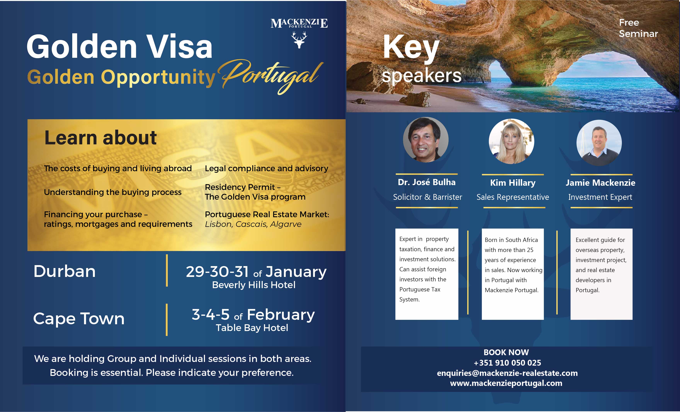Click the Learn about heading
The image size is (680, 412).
(101, 138)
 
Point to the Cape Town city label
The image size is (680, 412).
(79, 319)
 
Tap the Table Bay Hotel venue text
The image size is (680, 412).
(252, 328)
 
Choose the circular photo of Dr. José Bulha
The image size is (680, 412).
(426, 140)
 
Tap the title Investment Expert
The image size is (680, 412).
(600, 197)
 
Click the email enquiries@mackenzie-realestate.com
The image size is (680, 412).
(507, 373)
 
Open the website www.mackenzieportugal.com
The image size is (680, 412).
(506, 383)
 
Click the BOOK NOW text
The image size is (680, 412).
(506, 352)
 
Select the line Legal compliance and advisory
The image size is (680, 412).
(267, 169)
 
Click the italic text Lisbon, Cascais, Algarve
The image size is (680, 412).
(253, 224)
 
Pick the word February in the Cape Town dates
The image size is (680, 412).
(281, 315)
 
